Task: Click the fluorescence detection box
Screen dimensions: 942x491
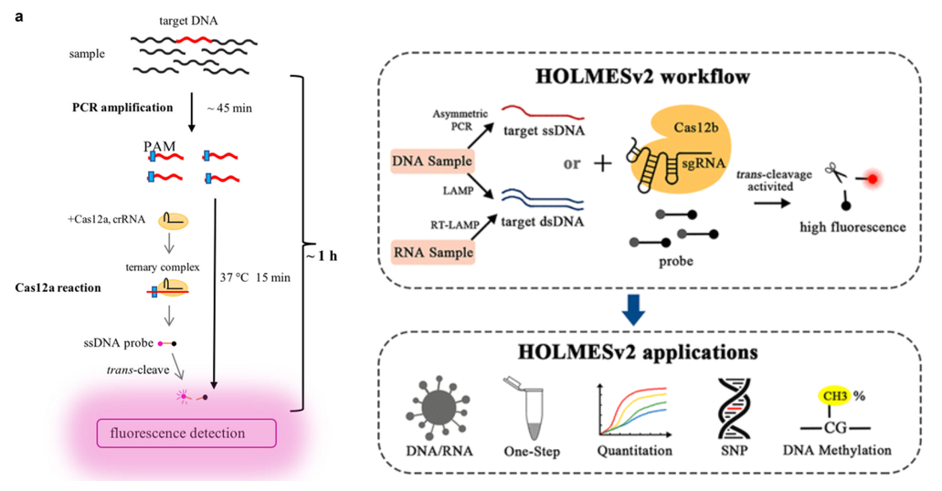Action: click(186, 433)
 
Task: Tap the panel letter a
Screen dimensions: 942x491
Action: click(19, 16)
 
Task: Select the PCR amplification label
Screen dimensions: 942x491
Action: click(122, 108)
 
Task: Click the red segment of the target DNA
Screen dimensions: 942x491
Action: click(195, 40)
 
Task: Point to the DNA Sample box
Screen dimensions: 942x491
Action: click(432, 161)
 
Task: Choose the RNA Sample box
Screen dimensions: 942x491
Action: click(432, 252)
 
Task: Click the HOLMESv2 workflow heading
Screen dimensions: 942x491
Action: click(643, 77)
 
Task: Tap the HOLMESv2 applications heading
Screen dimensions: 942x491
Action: click(638, 351)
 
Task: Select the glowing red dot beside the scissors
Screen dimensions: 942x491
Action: click(873, 179)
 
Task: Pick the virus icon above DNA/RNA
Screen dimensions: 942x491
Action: click(438, 409)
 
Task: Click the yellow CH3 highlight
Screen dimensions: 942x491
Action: click(835, 396)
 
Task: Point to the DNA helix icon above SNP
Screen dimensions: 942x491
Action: click(734, 408)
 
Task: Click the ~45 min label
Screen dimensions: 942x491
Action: click(229, 108)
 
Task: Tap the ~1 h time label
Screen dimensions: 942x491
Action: click(322, 256)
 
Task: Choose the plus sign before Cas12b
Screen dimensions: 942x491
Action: click(602, 162)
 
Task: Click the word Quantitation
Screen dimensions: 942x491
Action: click(634, 450)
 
